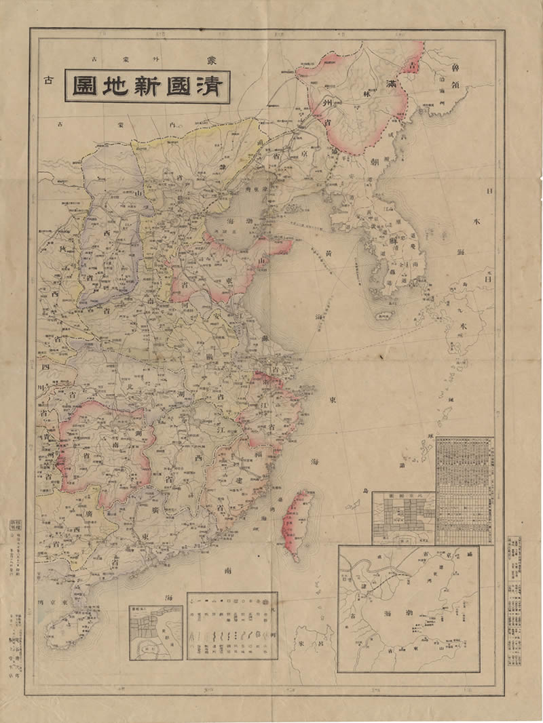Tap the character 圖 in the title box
click(83, 86)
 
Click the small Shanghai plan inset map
click(155, 632)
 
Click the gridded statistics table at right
click(464, 488)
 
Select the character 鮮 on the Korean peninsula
click(389, 241)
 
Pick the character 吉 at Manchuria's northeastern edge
click(411, 66)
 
